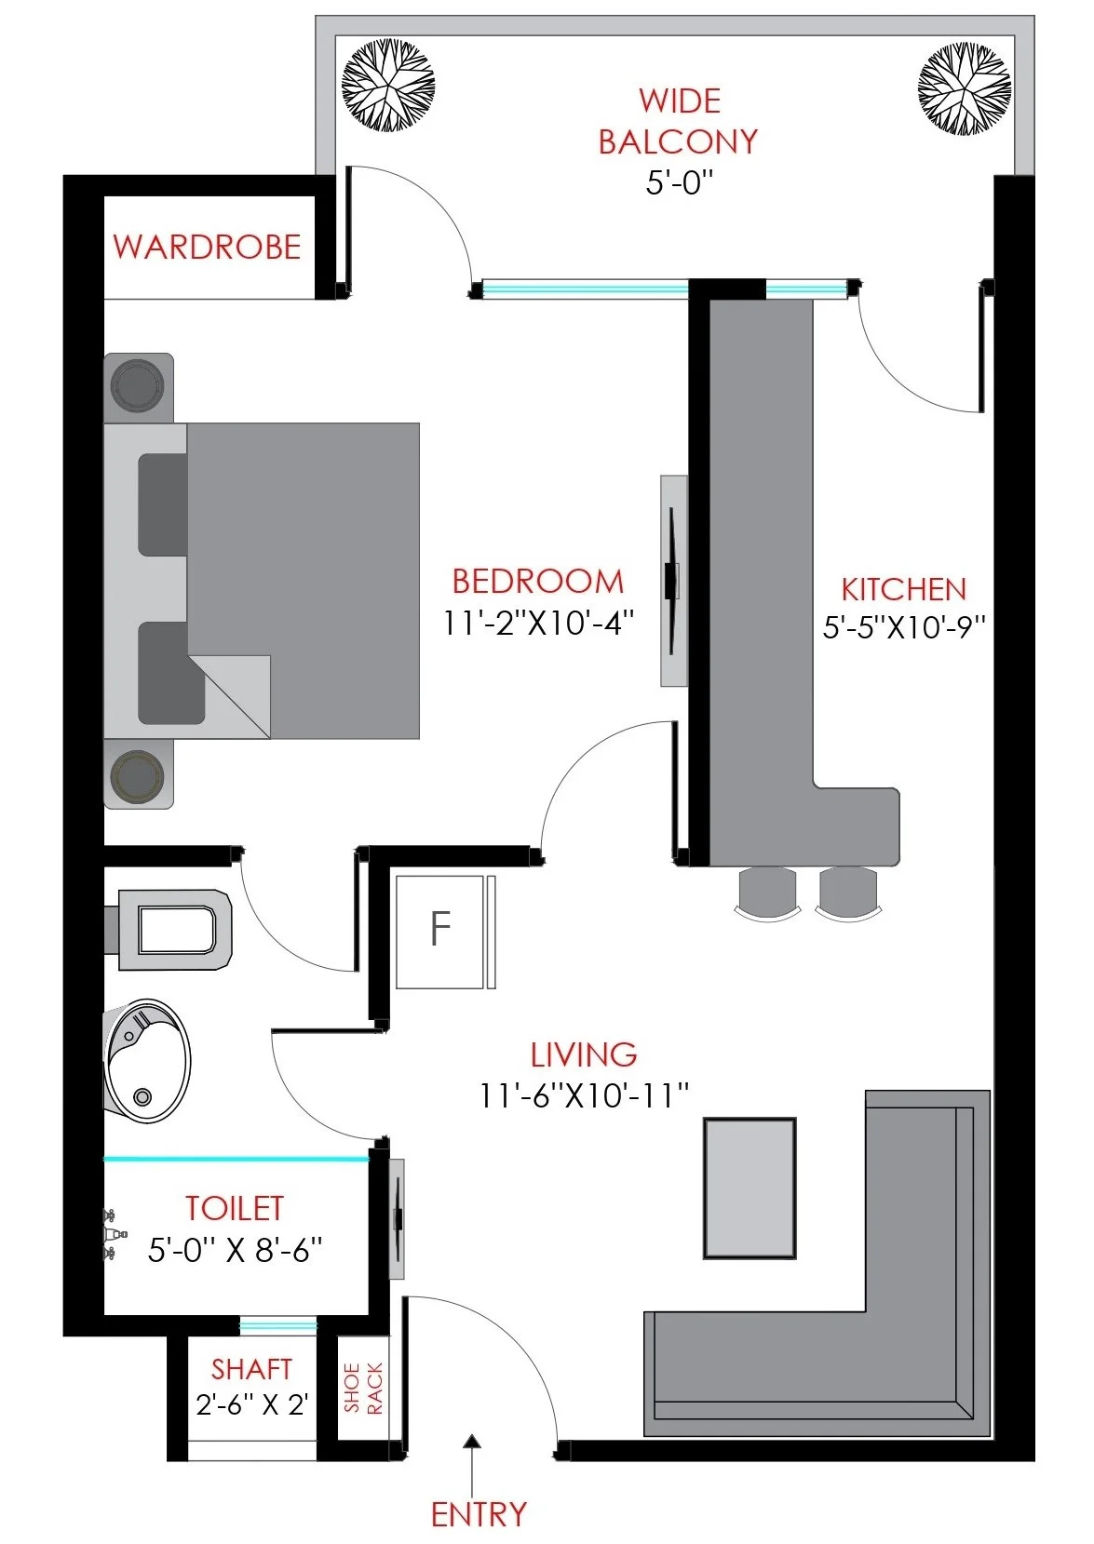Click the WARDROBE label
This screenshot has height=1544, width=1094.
[x=207, y=247]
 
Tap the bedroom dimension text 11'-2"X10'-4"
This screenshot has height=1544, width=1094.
[x=538, y=624]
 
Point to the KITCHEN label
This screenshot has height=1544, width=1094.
[x=904, y=589]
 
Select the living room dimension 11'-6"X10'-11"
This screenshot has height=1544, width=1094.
[x=585, y=1095]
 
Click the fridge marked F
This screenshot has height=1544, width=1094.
[x=440, y=932]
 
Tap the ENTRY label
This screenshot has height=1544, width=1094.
[x=479, y=1514]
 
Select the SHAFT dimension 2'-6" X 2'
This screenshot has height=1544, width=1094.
[x=251, y=1404]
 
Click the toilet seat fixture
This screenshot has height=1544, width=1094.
[x=169, y=930]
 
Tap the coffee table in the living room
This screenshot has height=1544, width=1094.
[x=750, y=1188]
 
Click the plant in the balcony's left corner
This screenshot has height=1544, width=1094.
[x=388, y=86]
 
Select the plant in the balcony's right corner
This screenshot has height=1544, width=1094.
[x=965, y=88]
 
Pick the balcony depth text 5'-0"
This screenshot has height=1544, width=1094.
[x=680, y=183]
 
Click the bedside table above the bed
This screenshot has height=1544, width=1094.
[x=139, y=387]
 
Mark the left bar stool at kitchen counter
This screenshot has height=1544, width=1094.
[x=768, y=894]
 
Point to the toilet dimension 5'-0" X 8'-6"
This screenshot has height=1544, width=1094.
[x=236, y=1250]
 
